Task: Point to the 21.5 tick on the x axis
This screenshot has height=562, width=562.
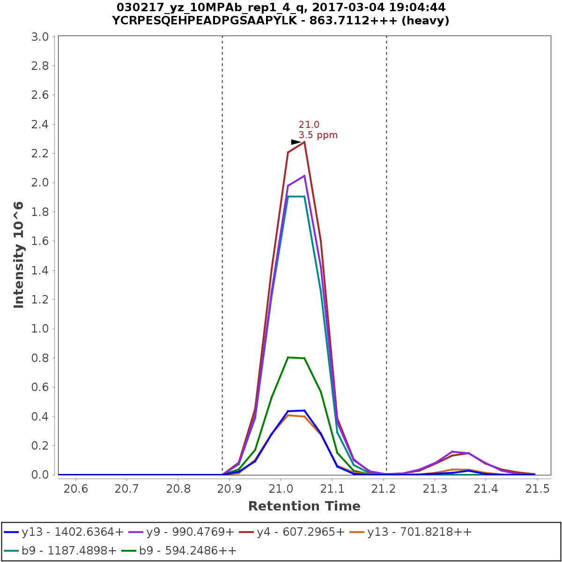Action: tap(538, 489)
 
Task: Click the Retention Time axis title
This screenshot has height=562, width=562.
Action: tap(304, 506)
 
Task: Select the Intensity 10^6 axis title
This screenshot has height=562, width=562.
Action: tap(19, 255)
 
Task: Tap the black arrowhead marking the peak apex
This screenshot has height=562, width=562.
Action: tap(296, 142)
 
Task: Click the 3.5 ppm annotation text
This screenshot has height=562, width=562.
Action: tap(318, 135)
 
